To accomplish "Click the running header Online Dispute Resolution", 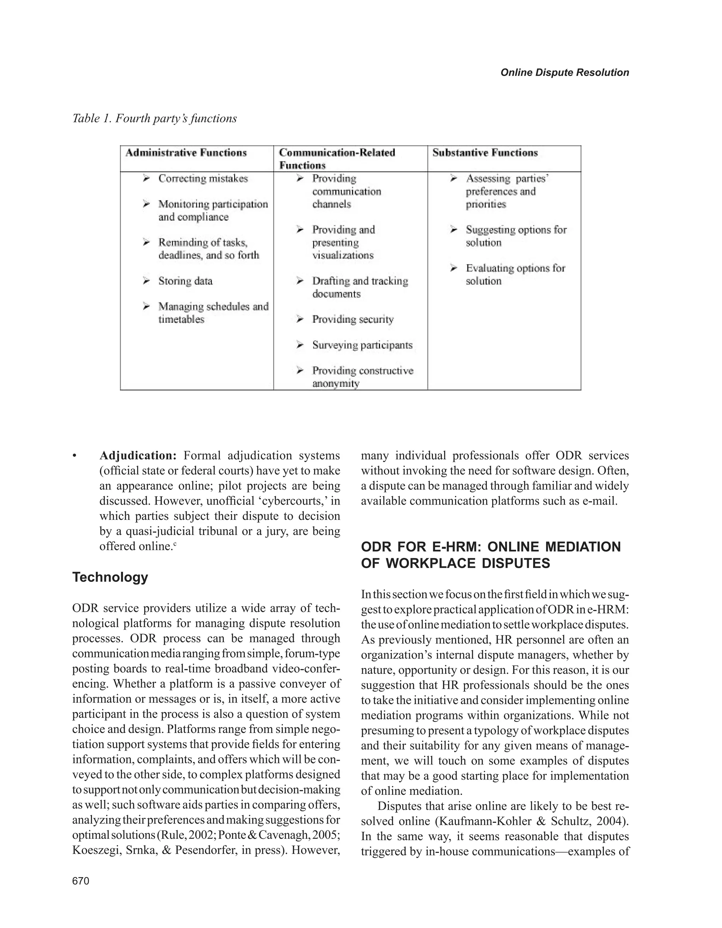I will [x=564, y=73].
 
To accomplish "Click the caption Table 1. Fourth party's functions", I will [x=154, y=118].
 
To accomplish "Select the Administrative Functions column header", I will [x=186, y=153].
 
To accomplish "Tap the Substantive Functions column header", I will [x=485, y=153].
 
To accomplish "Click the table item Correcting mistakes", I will [x=203, y=178].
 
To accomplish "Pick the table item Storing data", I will [x=185, y=281].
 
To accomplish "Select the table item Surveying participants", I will [x=362, y=345].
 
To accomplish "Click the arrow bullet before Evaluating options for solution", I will [x=454, y=269].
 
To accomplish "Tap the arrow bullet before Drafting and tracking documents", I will [x=300, y=281].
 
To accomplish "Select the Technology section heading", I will [x=110, y=577].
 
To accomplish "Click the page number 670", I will [x=81, y=881].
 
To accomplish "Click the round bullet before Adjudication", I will [x=75, y=456].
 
